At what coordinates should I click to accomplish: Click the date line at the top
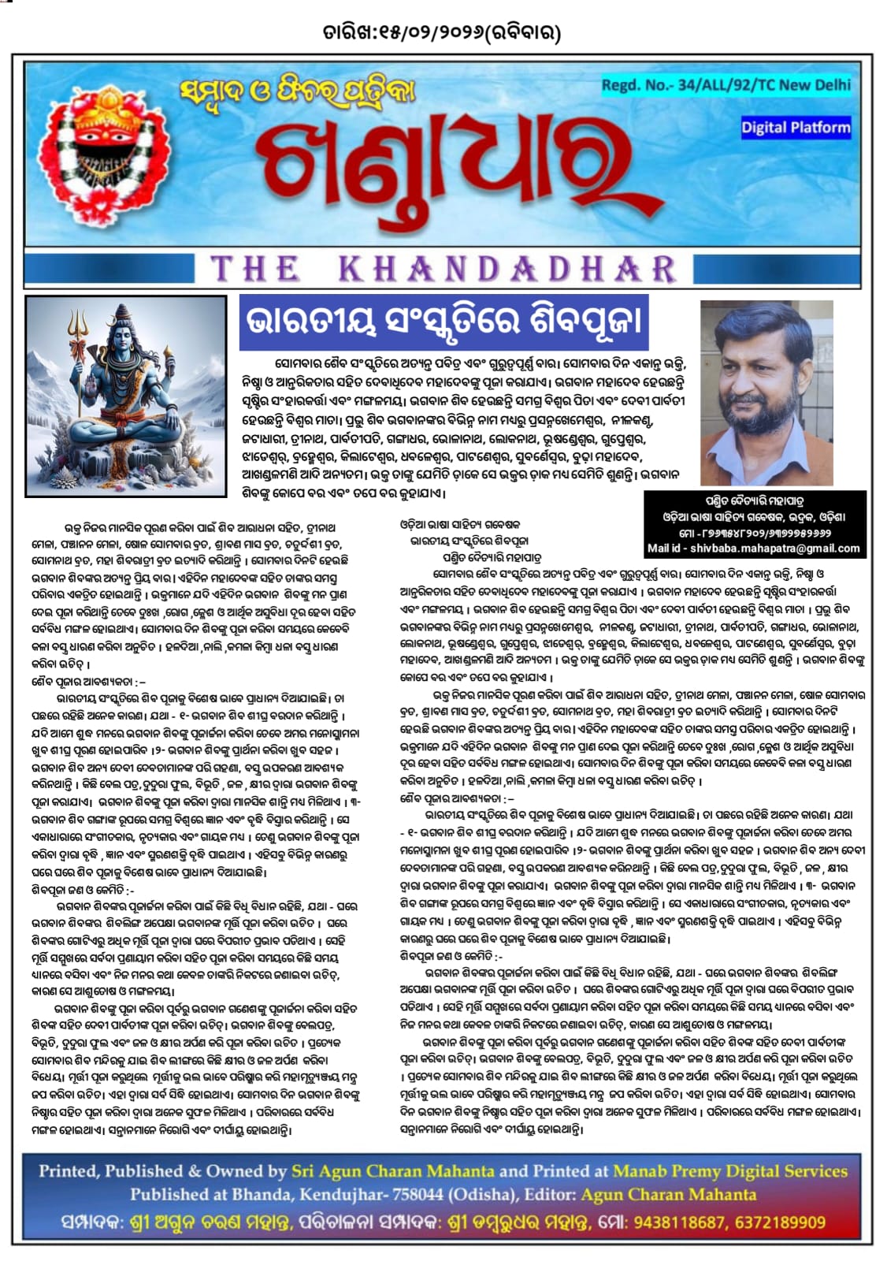443,33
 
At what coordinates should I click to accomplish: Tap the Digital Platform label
795,127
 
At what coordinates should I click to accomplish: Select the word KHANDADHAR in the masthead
509,269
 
